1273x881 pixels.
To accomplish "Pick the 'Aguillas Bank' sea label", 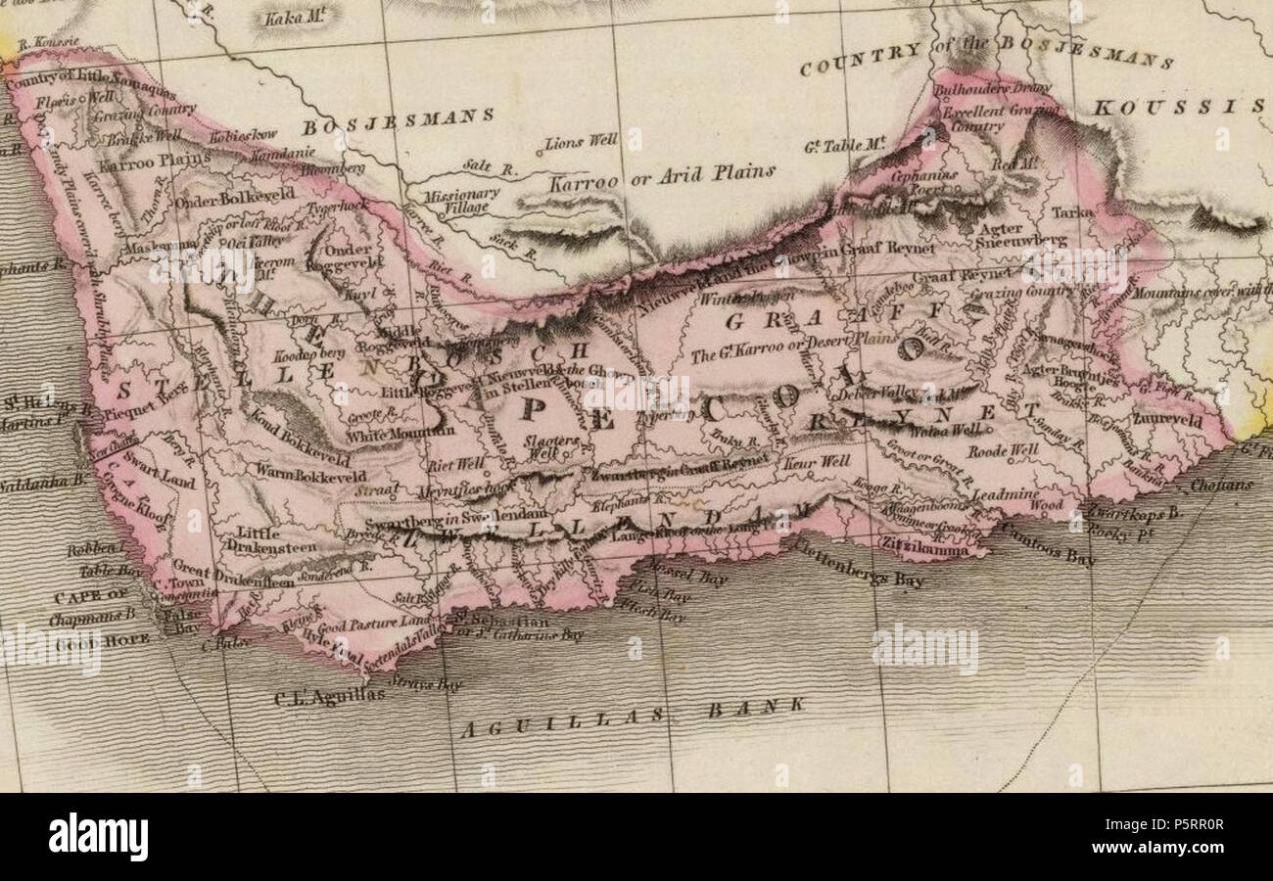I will [x=633, y=719].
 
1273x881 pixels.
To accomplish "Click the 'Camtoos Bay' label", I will [x=1047, y=545].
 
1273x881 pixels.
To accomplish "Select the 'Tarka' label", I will [x=1071, y=211].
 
